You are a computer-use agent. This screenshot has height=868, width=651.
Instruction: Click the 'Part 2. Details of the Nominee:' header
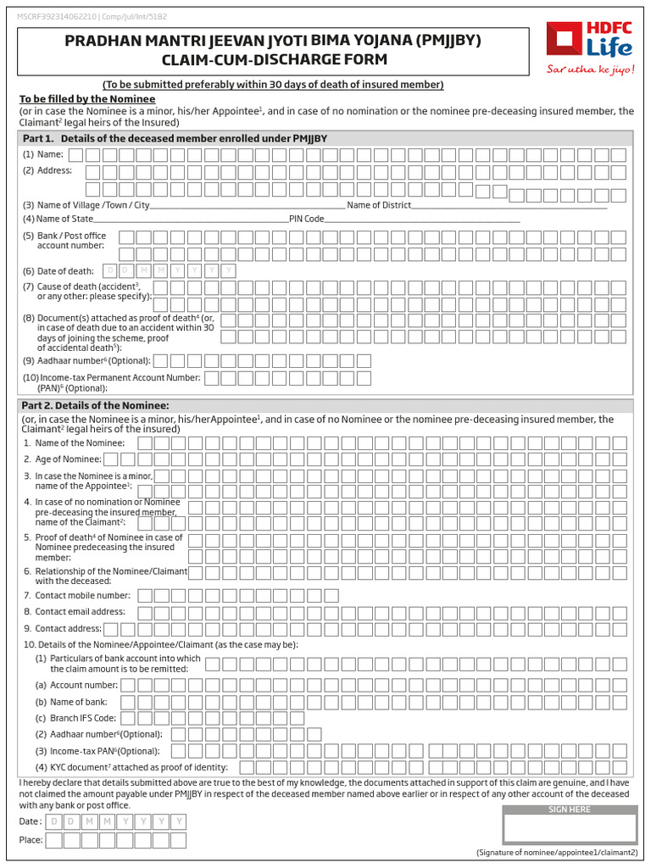click(96, 405)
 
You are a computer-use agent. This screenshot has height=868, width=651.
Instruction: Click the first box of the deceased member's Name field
click(75, 154)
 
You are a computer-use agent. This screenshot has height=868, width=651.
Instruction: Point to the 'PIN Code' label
click(307, 219)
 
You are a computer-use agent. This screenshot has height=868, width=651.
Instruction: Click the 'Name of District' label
click(379, 205)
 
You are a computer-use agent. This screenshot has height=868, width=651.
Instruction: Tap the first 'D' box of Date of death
click(109, 270)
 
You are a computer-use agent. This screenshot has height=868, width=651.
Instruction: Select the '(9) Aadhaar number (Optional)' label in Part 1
click(86, 360)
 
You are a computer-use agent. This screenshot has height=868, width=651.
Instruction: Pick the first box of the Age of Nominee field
click(110, 459)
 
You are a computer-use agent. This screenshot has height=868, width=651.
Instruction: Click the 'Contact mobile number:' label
click(77, 596)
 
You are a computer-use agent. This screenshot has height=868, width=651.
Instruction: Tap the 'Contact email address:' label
click(74, 611)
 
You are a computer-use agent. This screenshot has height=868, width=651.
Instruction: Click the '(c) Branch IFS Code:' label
click(77, 718)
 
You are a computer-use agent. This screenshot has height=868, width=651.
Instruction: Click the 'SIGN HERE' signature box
click(569, 826)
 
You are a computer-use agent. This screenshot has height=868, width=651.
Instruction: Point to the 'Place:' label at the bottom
click(31, 840)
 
